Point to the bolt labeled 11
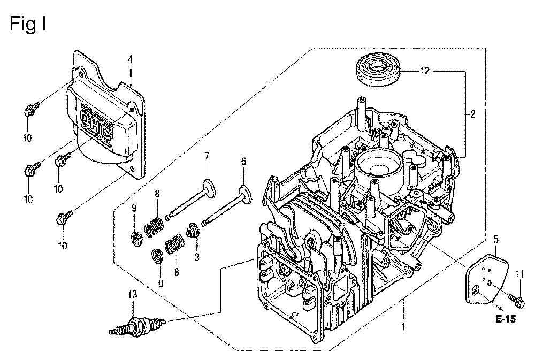point(515,298)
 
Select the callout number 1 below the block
point(403,325)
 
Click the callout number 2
point(473,113)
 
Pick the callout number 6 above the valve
point(243,160)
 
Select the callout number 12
point(425,71)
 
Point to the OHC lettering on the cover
point(97,124)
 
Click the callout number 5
point(496,239)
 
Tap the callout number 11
point(519,275)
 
